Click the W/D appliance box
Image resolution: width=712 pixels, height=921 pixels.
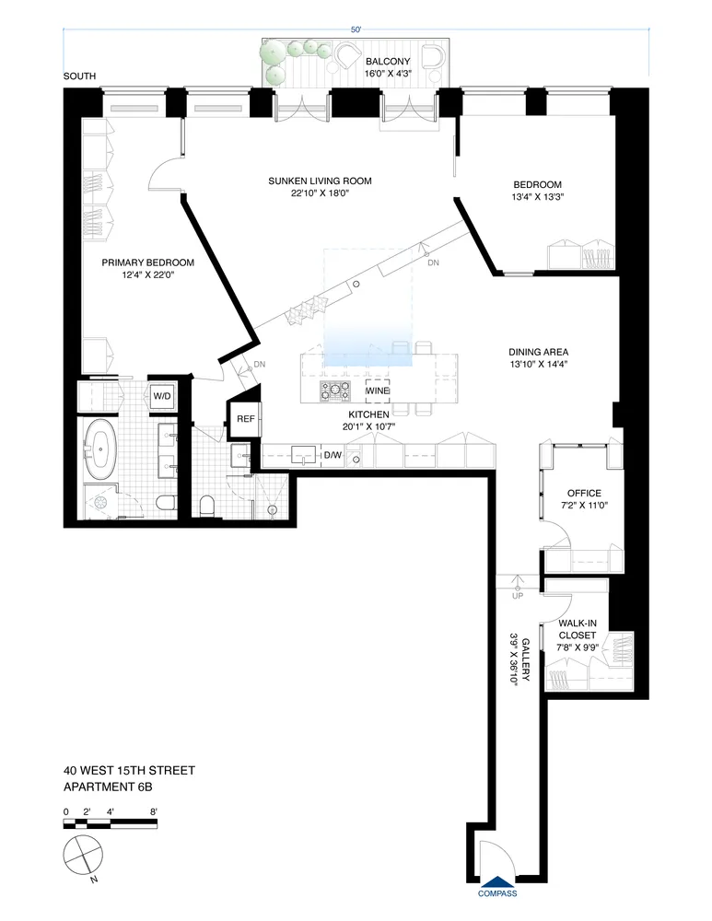pos(162,396)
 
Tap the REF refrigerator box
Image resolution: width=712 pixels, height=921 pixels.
pos(245,419)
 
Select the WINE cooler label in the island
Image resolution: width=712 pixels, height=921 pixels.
pos(378,391)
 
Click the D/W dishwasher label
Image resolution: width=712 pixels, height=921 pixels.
pos(332,454)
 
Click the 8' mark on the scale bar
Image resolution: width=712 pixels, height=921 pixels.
pos(153,811)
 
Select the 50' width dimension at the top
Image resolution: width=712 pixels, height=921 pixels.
pos(356,29)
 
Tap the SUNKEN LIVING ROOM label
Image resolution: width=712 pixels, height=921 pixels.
pos(320,181)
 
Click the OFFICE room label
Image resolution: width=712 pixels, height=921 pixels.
pos(584,493)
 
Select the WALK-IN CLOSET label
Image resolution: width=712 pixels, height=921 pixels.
pos(578,629)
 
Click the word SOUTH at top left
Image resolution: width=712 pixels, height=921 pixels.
pos(79,76)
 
